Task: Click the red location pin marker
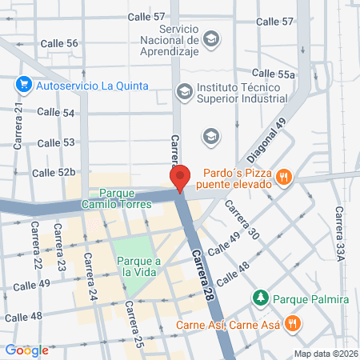(180, 177)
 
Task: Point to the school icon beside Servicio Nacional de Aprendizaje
(211, 38)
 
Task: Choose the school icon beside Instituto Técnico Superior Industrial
(185, 92)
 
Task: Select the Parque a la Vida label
(139, 266)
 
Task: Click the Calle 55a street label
(274, 73)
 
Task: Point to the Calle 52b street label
(54, 172)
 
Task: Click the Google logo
(26, 350)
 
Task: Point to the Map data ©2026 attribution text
(325, 354)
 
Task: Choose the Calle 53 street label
(57, 142)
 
